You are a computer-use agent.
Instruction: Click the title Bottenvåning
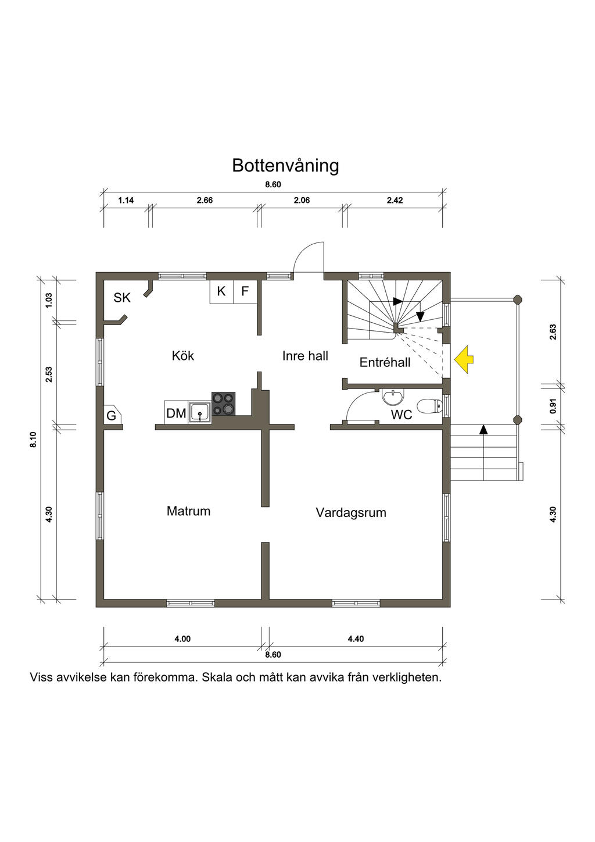285,166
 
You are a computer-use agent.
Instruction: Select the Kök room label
183,355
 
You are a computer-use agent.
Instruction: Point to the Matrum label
188,511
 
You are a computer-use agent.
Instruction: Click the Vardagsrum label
351,512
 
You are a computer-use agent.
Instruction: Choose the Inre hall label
305,356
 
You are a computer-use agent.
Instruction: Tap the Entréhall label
385,362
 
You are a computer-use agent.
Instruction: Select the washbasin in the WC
393,398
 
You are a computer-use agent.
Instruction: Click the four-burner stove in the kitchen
223,404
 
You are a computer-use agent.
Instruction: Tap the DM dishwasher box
175,413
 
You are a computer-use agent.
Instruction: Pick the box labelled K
221,291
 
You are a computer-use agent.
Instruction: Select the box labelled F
245,291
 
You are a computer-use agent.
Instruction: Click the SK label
122,298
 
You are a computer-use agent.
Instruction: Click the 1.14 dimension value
126,201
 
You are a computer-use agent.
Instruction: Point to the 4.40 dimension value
356,639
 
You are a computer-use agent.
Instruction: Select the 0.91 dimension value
553,405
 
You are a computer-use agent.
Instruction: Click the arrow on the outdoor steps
483,430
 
